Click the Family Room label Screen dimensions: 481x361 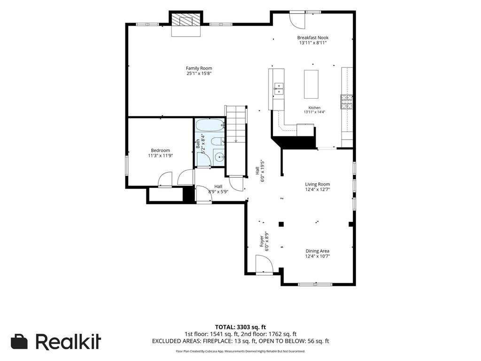pyautogui.click(x=199, y=68)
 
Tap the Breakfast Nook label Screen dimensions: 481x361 pyautogui.click(x=312, y=38)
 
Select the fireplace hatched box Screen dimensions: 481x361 pyautogui.click(x=186, y=20)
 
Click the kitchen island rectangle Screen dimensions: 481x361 pyautogui.click(x=311, y=84)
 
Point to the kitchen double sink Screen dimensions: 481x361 pyautogui.click(x=279, y=88)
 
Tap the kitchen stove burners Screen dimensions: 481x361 pyautogui.click(x=346, y=102)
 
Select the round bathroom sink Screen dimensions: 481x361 pyautogui.click(x=219, y=157)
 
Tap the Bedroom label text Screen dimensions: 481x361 pyautogui.click(x=161, y=150)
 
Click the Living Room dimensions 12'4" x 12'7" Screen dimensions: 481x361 pyautogui.click(x=318, y=189)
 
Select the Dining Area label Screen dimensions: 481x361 pyautogui.click(x=317, y=251)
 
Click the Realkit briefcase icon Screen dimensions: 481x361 pyautogui.click(x=19, y=341)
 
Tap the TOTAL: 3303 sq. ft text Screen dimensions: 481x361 pyautogui.click(x=240, y=327)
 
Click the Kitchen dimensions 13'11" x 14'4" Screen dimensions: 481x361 pyautogui.click(x=314, y=112)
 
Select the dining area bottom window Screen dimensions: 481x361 pyautogui.click(x=315, y=284)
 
